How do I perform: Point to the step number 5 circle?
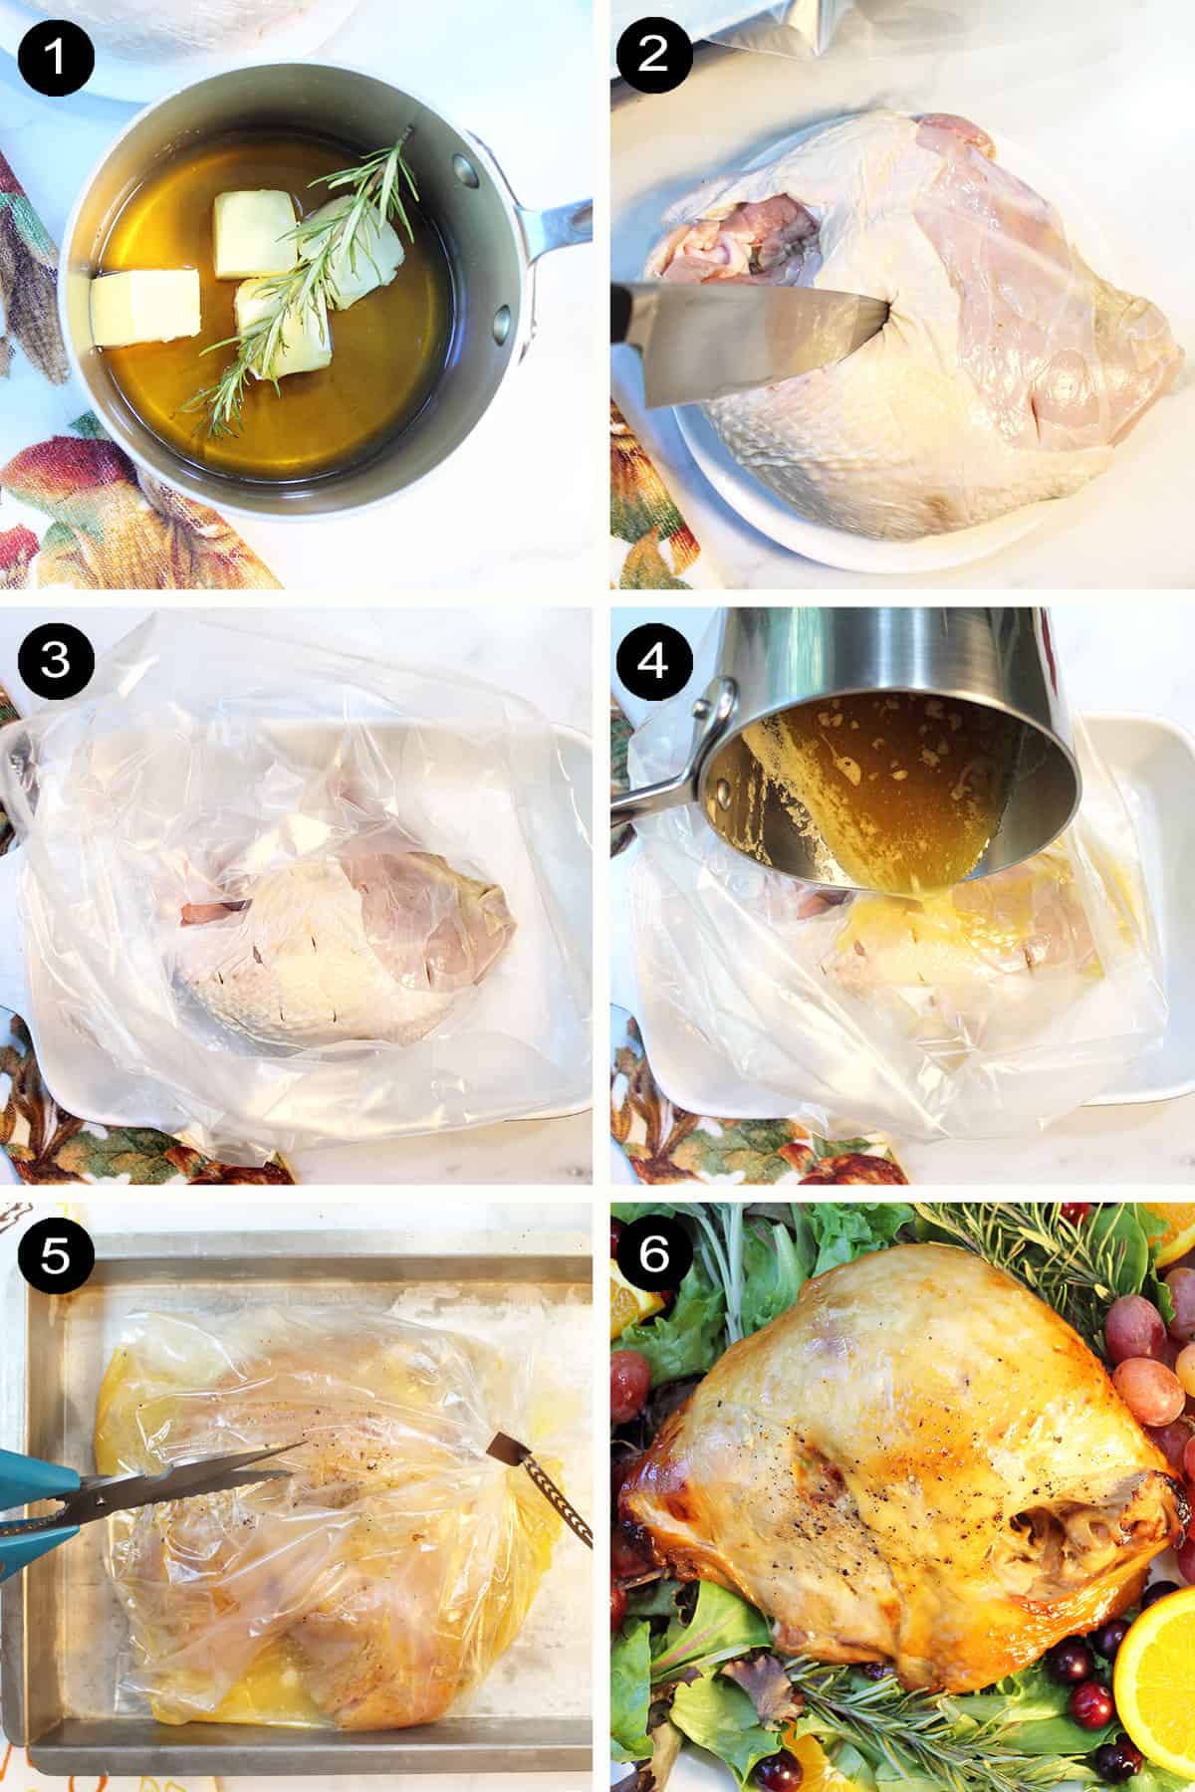click(55, 1257)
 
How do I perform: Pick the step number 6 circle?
click(653, 1257)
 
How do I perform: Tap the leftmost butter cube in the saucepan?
click(144, 309)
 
